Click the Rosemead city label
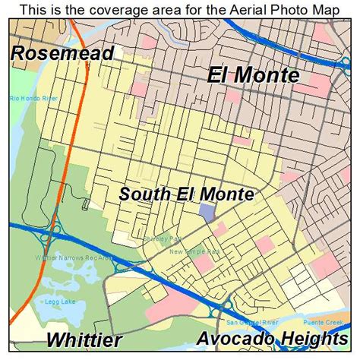pos(62,53)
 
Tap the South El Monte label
pos(186,194)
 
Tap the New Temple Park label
pos(194,251)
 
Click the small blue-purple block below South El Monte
pos(206,213)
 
